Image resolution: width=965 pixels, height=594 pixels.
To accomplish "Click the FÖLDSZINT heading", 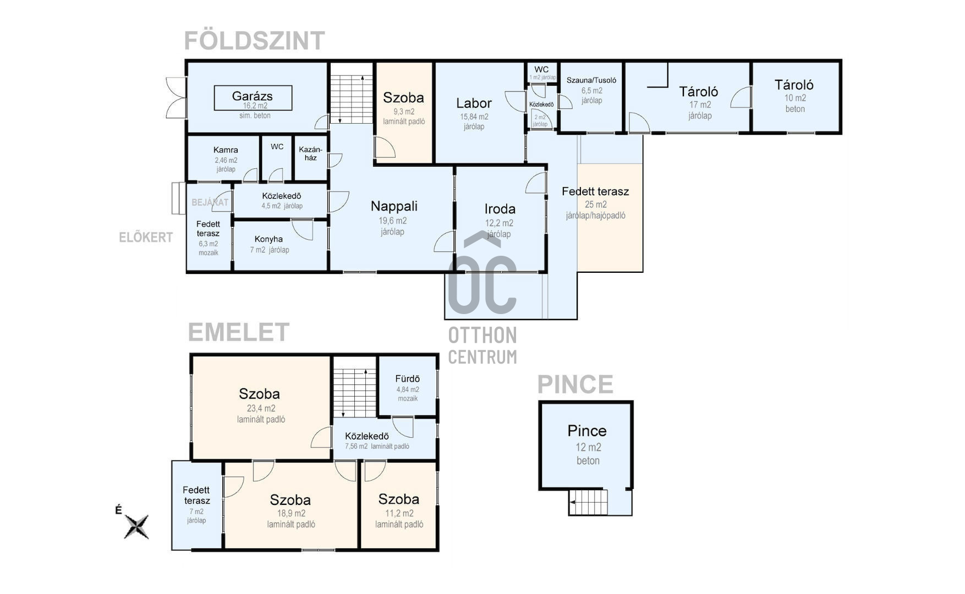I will point(254,41).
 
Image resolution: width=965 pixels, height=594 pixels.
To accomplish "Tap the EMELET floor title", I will point(238,332).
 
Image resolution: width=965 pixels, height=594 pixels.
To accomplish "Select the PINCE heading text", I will point(575,384).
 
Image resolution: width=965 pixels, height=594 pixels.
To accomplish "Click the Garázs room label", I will point(253,96).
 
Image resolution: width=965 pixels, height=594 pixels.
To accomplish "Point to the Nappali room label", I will point(394,206).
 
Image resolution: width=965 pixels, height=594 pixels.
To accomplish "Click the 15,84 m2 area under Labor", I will point(474,117).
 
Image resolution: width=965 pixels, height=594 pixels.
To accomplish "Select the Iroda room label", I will point(500,209).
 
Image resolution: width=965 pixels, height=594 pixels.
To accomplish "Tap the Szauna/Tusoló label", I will point(591,80).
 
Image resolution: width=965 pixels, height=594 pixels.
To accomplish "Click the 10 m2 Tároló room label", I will point(793,85).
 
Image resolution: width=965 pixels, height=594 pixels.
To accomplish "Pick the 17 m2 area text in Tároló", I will point(700,105).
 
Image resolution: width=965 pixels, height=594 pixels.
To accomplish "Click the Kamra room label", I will point(226,150).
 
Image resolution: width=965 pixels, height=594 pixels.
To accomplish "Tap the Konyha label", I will point(268,239).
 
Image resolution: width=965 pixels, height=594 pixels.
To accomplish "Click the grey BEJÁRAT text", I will point(210,202).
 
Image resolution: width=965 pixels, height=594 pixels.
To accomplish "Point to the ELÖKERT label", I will point(146,238).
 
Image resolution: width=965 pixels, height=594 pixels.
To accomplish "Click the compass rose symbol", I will point(136,526).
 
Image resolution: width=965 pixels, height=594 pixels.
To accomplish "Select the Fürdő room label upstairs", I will point(407,379).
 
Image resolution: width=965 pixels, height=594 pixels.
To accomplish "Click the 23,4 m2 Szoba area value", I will point(261,408).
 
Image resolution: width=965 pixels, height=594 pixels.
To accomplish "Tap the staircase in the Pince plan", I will point(588,502).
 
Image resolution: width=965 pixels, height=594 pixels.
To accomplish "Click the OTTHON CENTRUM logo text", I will point(482,345).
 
